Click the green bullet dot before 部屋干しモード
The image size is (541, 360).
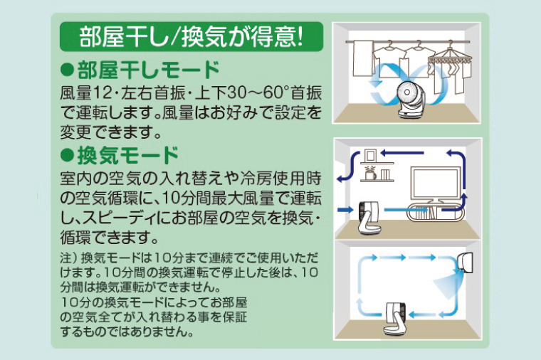(x=68, y=70)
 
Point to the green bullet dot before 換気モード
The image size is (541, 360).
(x=68, y=154)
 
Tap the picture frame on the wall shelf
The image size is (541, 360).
(x=369, y=154)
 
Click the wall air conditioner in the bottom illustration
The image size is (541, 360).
(x=468, y=262)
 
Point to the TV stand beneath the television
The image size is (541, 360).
(x=430, y=212)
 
